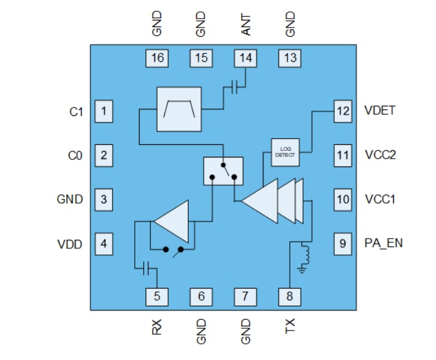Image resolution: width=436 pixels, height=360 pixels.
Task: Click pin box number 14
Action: (x=245, y=58)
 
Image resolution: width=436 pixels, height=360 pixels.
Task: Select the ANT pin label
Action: (x=245, y=25)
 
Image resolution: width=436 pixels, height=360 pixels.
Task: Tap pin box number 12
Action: (x=343, y=111)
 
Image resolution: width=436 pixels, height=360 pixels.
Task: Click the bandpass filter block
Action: (x=179, y=109)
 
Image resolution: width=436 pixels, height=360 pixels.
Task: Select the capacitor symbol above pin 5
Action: (x=145, y=269)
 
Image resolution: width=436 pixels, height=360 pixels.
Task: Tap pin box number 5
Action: (x=157, y=296)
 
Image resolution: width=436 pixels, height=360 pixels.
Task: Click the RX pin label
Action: (x=157, y=328)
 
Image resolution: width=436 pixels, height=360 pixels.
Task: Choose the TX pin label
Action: (x=289, y=328)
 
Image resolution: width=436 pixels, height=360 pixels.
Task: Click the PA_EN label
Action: (x=383, y=243)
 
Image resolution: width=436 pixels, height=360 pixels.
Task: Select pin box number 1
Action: (x=104, y=111)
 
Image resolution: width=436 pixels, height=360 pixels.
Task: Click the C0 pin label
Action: (x=74, y=156)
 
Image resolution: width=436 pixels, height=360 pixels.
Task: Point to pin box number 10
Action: (x=343, y=199)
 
